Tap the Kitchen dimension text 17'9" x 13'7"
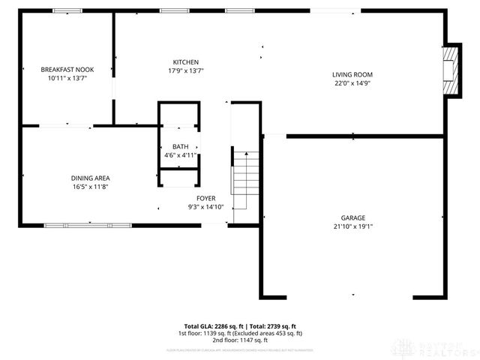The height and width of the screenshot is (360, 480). point(185,70)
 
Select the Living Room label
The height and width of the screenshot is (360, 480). point(352,74)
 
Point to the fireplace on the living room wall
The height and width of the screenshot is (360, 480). point(451,70)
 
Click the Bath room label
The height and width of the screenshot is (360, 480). point(180,147)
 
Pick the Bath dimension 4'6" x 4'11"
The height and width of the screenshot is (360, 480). point(180,155)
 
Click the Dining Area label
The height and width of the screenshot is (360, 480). point(91,178)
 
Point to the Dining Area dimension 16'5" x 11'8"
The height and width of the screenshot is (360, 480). point(91,187)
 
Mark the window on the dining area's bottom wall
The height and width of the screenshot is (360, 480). point(88,224)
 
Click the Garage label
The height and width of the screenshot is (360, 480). point(352,218)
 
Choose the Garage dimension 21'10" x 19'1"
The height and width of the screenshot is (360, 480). point(352,226)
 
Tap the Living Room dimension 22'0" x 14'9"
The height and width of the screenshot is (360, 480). point(352,83)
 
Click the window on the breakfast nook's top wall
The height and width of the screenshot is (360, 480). point(67,10)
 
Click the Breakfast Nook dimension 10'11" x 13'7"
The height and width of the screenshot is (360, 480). point(67,78)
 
